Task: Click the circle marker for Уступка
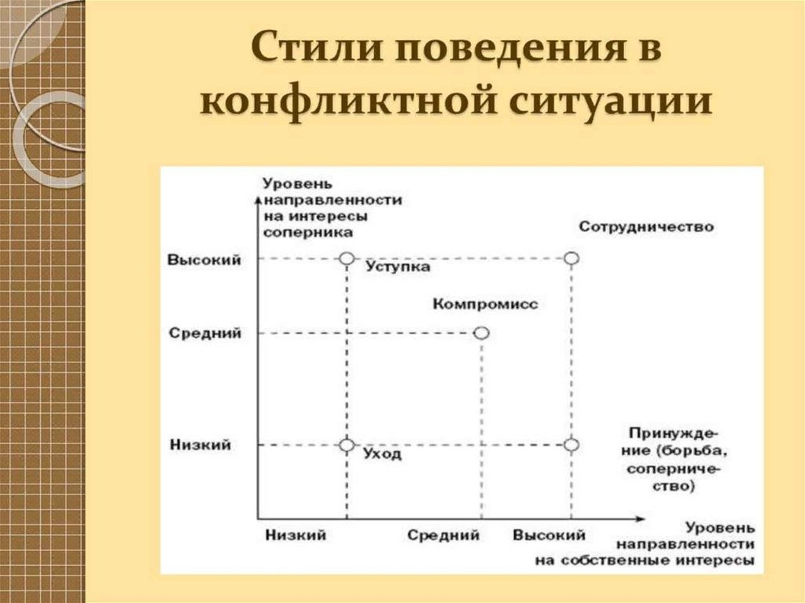(346, 258)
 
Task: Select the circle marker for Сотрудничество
(572, 258)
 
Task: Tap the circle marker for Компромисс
(481, 333)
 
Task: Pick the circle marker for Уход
(346, 445)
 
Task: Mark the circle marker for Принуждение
(572, 445)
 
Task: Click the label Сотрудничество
(645, 227)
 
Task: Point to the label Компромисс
(485, 304)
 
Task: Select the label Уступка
(398, 267)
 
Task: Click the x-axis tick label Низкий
(296, 535)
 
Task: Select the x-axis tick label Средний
(443, 535)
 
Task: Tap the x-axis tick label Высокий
(549, 535)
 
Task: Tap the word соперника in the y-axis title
(308, 233)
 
